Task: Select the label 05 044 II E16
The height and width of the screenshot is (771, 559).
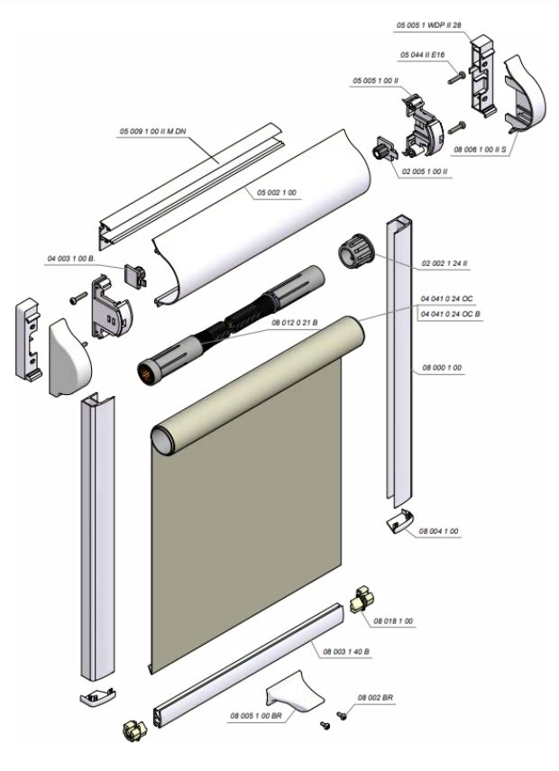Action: (x=425, y=57)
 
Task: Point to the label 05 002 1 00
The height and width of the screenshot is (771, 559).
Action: (x=277, y=193)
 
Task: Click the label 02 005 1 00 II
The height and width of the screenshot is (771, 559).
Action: (x=425, y=170)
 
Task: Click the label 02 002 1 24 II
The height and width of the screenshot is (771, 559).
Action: (x=444, y=263)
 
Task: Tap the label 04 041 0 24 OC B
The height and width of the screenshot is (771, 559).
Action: (x=451, y=313)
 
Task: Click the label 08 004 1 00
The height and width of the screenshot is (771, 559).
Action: (x=439, y=532)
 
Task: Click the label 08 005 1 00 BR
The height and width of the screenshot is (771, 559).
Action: (x=257, y=715)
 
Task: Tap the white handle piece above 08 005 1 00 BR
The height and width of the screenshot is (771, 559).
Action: (x=292, y=696)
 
